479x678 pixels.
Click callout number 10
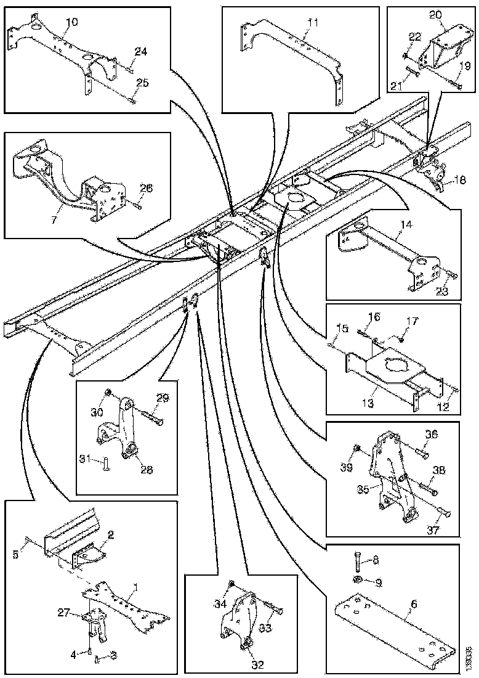[71, 22]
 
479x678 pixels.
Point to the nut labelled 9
[356, 580]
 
